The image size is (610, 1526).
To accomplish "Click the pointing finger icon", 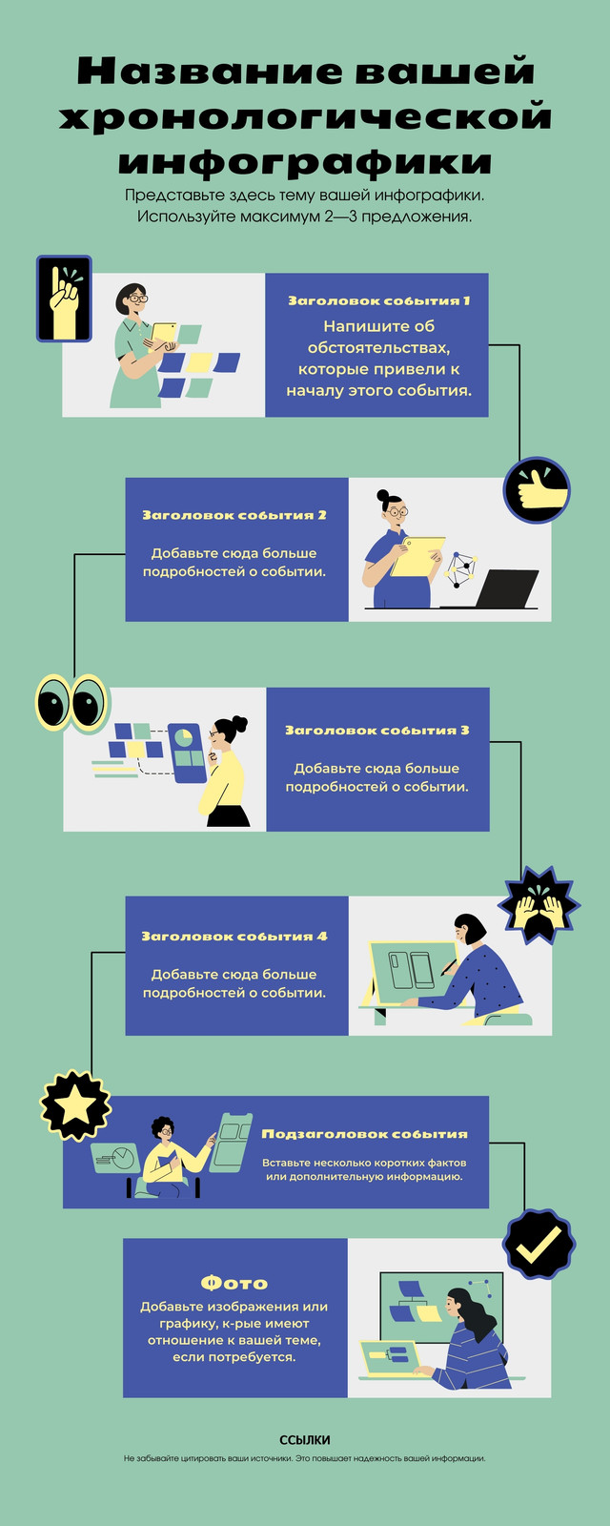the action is (64, 299).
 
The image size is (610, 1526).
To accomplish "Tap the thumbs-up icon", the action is (537, 490).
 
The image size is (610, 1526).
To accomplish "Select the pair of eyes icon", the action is (72, 703).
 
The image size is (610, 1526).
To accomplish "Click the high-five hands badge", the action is (539, 905).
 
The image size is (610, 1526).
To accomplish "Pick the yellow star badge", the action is (75, 1105).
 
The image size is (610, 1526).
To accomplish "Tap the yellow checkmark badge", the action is (539, 1244).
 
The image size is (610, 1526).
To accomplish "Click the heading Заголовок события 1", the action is (379, 300).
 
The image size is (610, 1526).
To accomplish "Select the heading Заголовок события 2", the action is (234, 515).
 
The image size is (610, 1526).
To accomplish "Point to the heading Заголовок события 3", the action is (377, 731).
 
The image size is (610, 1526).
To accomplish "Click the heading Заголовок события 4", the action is (234, 936).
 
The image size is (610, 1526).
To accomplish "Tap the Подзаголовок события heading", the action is (365, 1134).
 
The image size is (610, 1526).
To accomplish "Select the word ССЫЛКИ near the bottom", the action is (304, 1440).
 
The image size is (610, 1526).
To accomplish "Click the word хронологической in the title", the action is (305, 115).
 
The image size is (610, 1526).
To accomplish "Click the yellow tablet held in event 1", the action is (163, 333).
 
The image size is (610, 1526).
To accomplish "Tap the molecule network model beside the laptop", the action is (461, 570).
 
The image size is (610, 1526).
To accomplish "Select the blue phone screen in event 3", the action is (187, 753).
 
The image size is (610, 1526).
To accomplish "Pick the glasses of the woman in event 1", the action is (137, 298).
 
